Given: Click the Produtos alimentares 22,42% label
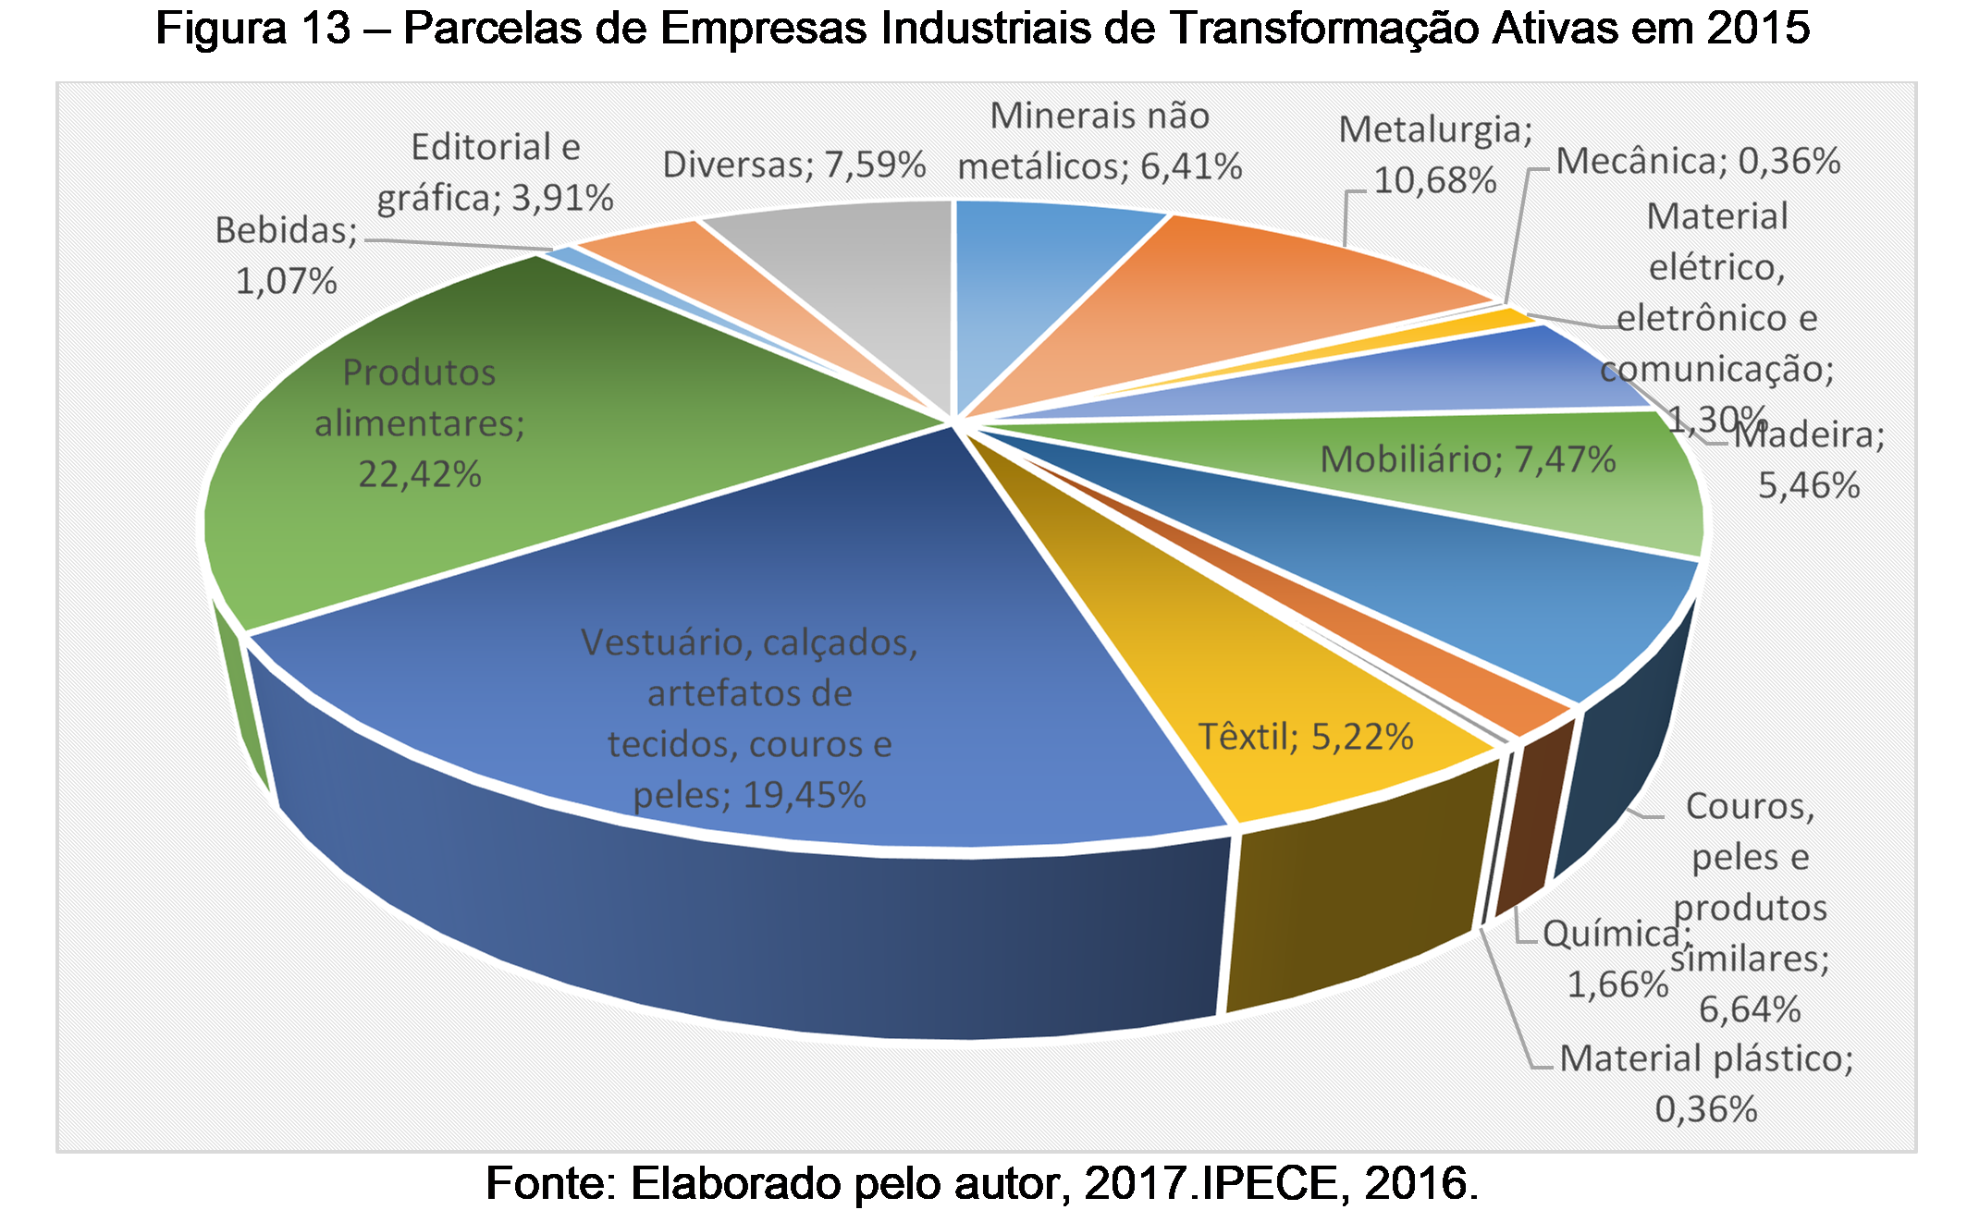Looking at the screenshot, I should point(419,423).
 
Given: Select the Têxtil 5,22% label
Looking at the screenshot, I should point(1305,737).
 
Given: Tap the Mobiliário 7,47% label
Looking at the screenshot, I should point(1467,459).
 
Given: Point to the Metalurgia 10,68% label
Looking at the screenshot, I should point(1434,154).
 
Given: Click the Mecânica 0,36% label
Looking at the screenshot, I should point(1698,162).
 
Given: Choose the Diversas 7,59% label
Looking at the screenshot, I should point(793,165).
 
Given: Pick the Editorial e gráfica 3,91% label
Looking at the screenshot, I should point(495,172).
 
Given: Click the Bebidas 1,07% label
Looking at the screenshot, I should point(286,255).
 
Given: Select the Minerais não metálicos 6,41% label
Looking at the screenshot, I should point(1100,141).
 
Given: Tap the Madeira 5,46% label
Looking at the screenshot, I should point(1808,459).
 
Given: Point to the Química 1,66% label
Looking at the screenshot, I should point(1617,959).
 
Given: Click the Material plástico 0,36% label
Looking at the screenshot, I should point(1706,1082).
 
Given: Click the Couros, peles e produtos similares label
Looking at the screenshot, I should point(1750,907).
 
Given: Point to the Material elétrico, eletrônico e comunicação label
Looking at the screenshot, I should point(1717,293).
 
